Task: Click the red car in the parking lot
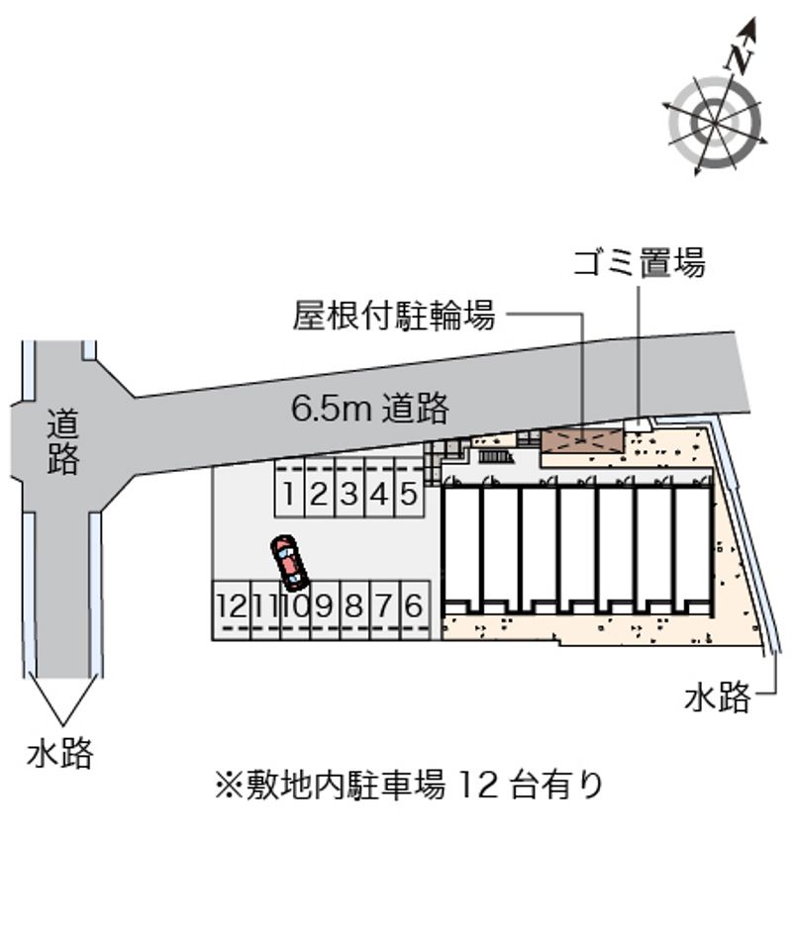(287, 563)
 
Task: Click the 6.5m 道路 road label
(369, 409)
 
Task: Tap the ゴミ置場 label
(640, 263)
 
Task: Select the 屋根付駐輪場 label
(394, 315)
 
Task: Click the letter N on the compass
(740, 57)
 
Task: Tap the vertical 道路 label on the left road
(63, 442)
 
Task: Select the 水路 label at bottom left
(60, 754)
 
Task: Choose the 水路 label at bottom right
(718, 697)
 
